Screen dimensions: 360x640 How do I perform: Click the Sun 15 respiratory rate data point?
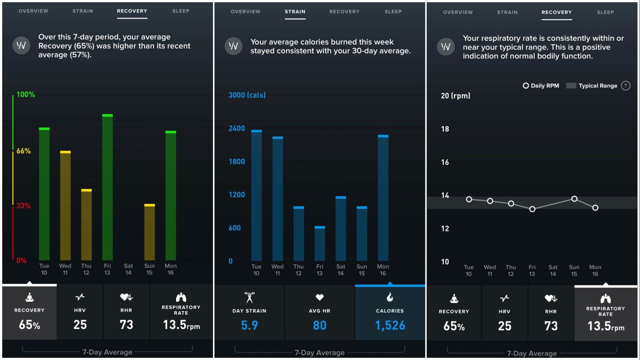(x=574, y=199)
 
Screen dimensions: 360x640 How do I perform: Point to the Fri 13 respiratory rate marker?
(x=532, y=209)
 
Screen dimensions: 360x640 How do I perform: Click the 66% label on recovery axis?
(x=24, y=151)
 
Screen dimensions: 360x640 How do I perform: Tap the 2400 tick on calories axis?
(x=237, y=128)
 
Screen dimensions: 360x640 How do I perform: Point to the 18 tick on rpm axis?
(x=445, y=129)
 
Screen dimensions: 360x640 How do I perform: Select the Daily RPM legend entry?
(x=541, y=86)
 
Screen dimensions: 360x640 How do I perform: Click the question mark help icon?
(x=625, y=86)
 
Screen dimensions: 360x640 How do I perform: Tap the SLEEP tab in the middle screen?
(x=393, y=12)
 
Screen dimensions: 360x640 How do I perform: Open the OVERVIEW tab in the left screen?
(x=33, y=11)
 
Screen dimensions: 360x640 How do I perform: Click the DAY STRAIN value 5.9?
(x=249, y=325)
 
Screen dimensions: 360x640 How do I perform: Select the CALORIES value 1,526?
(x=390, y=325)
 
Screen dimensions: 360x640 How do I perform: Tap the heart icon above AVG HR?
(x=320, y=297)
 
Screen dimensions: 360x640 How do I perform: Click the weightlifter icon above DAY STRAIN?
(x=249, y=297)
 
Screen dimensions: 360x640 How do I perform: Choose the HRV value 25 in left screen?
(x=80, y=325)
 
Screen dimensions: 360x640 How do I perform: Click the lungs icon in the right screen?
(x=605, y=299)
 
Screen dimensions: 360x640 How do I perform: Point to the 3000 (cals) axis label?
(x=247, y=95)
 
